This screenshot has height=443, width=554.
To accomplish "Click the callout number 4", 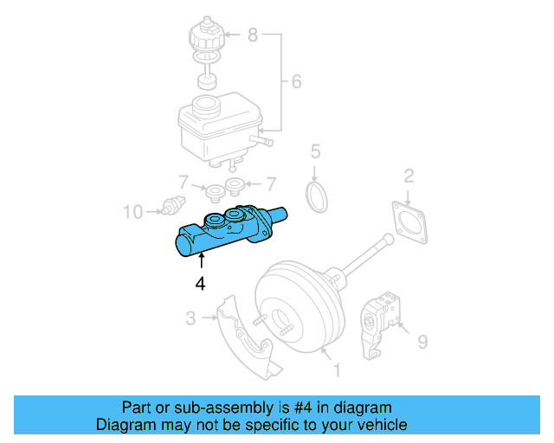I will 201,283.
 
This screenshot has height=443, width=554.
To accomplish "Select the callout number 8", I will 253,35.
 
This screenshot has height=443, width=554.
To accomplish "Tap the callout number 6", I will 295,82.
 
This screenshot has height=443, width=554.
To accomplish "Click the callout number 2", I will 408,177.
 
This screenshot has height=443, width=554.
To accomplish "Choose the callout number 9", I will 422,342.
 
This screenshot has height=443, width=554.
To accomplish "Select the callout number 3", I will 190,319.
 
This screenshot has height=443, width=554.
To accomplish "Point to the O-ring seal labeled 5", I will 319,196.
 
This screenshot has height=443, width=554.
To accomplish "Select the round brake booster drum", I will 295,307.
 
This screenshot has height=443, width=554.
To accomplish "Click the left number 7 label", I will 183,183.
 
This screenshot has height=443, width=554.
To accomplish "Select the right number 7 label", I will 271,183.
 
